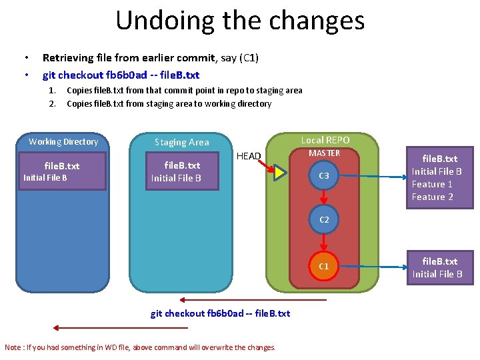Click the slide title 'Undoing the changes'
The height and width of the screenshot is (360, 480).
coord(240,20)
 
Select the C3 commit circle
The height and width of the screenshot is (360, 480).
coord(324,175)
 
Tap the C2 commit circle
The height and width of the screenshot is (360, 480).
coord(324,219)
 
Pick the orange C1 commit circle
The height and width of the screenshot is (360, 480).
coord(324,266)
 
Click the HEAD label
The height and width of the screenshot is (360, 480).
coord(249,156)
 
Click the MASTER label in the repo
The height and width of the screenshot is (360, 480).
coord(324,153)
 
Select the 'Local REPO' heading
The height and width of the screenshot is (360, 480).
coord(325,140)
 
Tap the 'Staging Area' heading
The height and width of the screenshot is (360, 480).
coord(181,142)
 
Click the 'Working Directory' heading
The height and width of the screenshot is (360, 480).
coord(63,141)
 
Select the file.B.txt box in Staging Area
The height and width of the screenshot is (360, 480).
coord(182,171)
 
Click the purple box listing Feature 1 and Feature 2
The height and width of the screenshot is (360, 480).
coord(437,177)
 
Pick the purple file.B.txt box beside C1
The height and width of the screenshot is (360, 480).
coord(437,267)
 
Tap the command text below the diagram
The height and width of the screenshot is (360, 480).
coord(220,313)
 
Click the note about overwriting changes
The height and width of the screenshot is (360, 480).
coord(140,347)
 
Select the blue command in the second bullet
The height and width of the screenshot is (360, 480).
coord(121,75)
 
